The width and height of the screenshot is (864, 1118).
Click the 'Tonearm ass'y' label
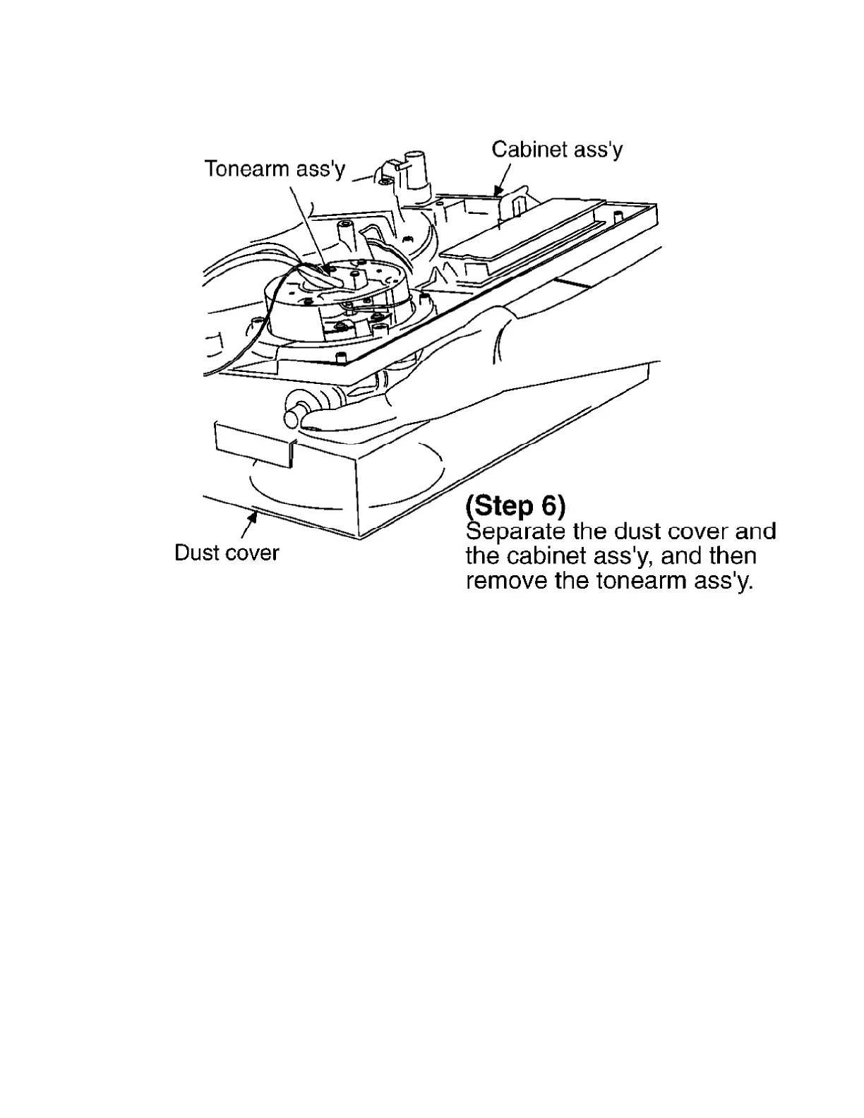pos(275,169)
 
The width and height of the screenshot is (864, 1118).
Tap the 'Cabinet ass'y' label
pos(557,150)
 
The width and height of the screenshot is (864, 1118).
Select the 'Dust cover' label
pos(227,553)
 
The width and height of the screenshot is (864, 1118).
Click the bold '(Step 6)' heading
pos(515,506)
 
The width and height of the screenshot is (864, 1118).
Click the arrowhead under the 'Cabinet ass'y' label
pos(498,188)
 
